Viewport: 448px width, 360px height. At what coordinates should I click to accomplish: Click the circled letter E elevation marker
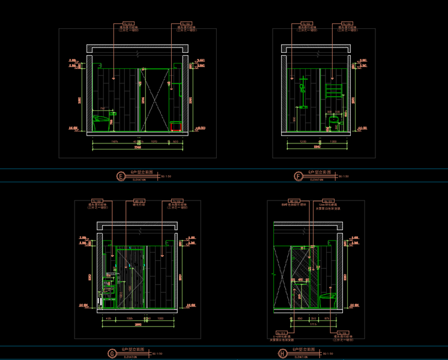[121, 176]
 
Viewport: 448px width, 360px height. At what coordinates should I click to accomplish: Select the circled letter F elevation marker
[298, 176]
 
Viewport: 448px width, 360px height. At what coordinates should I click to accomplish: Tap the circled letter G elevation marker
[111, 353]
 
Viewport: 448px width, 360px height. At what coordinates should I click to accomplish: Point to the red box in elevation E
[177, 125]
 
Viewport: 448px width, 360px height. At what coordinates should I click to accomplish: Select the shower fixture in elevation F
[303, 90]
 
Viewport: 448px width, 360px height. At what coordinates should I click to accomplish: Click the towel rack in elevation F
[333, 89]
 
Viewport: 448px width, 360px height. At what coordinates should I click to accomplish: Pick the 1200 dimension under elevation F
[303, 142]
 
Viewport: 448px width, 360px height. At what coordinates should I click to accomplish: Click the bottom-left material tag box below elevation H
[280, 332]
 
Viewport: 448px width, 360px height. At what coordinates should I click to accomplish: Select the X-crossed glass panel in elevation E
[154, 99]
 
